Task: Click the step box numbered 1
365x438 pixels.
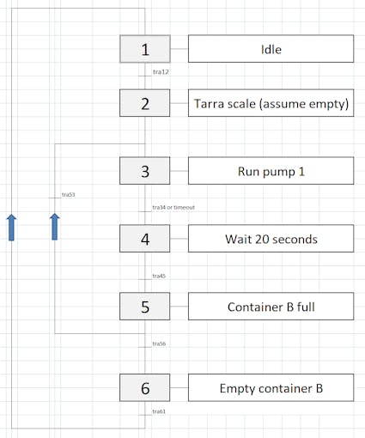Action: (x=144, y=50)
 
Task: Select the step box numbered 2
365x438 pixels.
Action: (x=144, y=104)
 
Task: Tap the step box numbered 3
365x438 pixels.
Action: (x=144, y=171)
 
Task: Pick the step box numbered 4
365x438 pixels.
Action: (x=144, y=238)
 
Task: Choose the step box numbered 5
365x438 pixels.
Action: (x=144, y=306)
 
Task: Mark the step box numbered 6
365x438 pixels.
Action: (x=144, y=388)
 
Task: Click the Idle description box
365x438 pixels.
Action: (x=271, y=50)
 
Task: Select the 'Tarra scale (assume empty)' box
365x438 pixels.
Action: (x=271, y=104)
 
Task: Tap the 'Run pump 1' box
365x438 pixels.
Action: (x=271, y=171)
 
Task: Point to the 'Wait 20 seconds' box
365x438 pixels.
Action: (x=271, y=238)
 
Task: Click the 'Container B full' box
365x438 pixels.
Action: (x=271, y=306)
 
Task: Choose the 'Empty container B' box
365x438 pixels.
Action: (x=271, y=388)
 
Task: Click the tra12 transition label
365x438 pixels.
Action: (x=160, y=72)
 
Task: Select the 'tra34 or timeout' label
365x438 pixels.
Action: (x=173, y=208)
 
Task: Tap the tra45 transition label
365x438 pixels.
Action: (x=159, y=277)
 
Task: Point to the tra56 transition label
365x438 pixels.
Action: (x=159, y=344)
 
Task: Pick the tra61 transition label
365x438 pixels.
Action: (x=159, y=412)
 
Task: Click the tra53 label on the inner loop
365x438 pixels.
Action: (x=69, y=195)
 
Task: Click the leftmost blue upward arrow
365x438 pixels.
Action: (x=11, y=228)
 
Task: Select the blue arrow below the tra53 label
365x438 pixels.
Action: (x=54, y=228)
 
